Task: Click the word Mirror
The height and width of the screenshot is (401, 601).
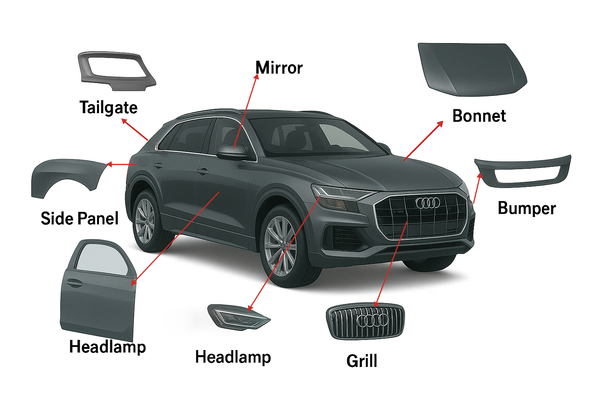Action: (279, 68)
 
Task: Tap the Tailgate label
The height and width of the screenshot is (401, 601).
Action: (108, 107)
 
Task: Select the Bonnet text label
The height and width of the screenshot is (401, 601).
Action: (479, 116)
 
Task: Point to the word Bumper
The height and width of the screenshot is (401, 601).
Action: (526, 208)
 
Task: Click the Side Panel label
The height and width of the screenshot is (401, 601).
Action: (79, 218)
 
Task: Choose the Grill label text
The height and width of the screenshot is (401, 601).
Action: (362, 361)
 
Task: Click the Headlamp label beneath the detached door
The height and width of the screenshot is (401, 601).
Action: (107, 347)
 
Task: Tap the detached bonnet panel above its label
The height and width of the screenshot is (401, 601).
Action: (471, 69)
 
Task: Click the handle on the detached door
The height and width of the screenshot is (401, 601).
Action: (74, 283)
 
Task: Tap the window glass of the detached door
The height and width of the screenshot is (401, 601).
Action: (103, 259)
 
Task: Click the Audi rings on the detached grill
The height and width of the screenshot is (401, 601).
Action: (372, 320)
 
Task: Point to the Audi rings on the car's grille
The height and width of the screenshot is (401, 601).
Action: (428, 202)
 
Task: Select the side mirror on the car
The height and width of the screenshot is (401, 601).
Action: (232, 151)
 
